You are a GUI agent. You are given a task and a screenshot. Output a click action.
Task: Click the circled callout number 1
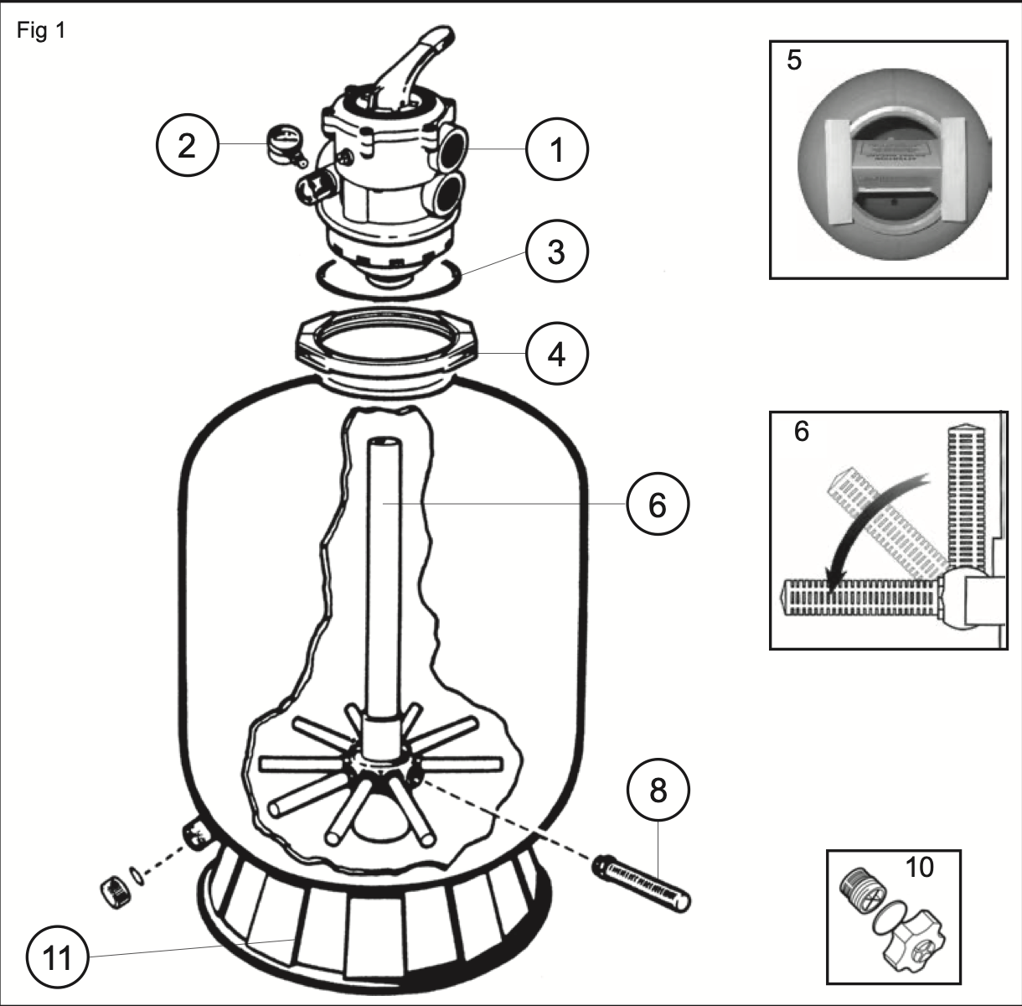pyautogui.click(x=557, y=150)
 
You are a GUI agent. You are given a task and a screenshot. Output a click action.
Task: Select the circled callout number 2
pyautogui.click(x=187, y=146)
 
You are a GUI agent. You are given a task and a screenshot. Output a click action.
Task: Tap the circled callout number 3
pyautogui.click(x=557, y=251)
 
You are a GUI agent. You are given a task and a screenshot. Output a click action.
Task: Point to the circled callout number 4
pyautogui.click(x=557, y=355)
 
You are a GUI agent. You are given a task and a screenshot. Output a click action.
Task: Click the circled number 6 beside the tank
pyautogui.click(x=658, y=505)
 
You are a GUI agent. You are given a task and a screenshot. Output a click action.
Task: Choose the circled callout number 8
pyautogui.click(x=658, y=790)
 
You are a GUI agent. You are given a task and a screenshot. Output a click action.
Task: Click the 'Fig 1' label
pyautogui.click(x=40, y=32)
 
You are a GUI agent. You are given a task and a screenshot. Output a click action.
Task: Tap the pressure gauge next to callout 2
pyautogui.click(x=283, y=142)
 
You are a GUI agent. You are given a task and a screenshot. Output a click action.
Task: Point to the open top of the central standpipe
pyautogui.click(x=385, y=443)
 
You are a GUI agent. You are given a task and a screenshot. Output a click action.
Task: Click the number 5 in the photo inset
pyautogui.click(x=794, y=61)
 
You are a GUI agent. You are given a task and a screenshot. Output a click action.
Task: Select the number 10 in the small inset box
pyautogui.click(x=919, y=867)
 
